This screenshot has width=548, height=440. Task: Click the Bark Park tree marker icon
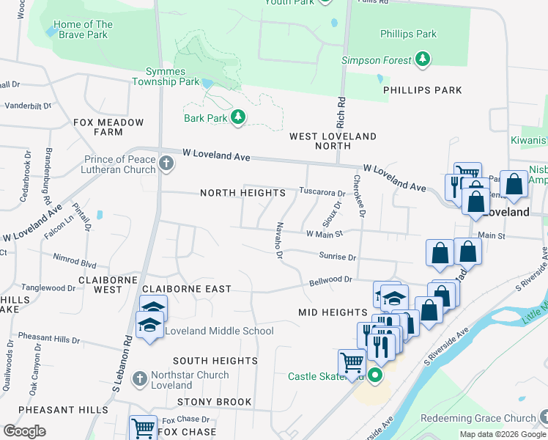pyautogui.click(x=237, y=117)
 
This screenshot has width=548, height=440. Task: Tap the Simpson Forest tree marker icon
pyautogui.click(x=422, y=59)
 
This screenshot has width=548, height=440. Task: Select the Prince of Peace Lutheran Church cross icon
pyautogui.click(x=166, y=163)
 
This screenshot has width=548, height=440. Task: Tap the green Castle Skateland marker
pyautogui.click(x=375, y=376)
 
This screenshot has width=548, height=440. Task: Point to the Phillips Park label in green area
pyautogui.click(x=408, y=34)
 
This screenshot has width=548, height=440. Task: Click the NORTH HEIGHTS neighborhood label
pyautogui.click(x=242, y=193)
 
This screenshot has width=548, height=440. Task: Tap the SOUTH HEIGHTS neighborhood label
pyautogui.click(x=215, y=361)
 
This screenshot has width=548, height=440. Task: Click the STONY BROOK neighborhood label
pyautogui.click(x=214, y=402)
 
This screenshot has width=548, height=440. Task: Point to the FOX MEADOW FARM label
pyautogui.click(x=108, y=127)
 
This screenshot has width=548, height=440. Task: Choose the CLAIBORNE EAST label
pyautogui.click(x=187, y=289)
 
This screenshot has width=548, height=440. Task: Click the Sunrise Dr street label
pyautogui.click(x=337, y=257)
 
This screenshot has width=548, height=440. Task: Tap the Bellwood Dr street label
pyautogui.click(x=330, y=279)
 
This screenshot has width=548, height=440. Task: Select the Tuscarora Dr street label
pyautogui.click(x=321, y=191)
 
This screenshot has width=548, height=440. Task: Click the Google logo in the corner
pyautogui.click(x=24, y=431)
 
